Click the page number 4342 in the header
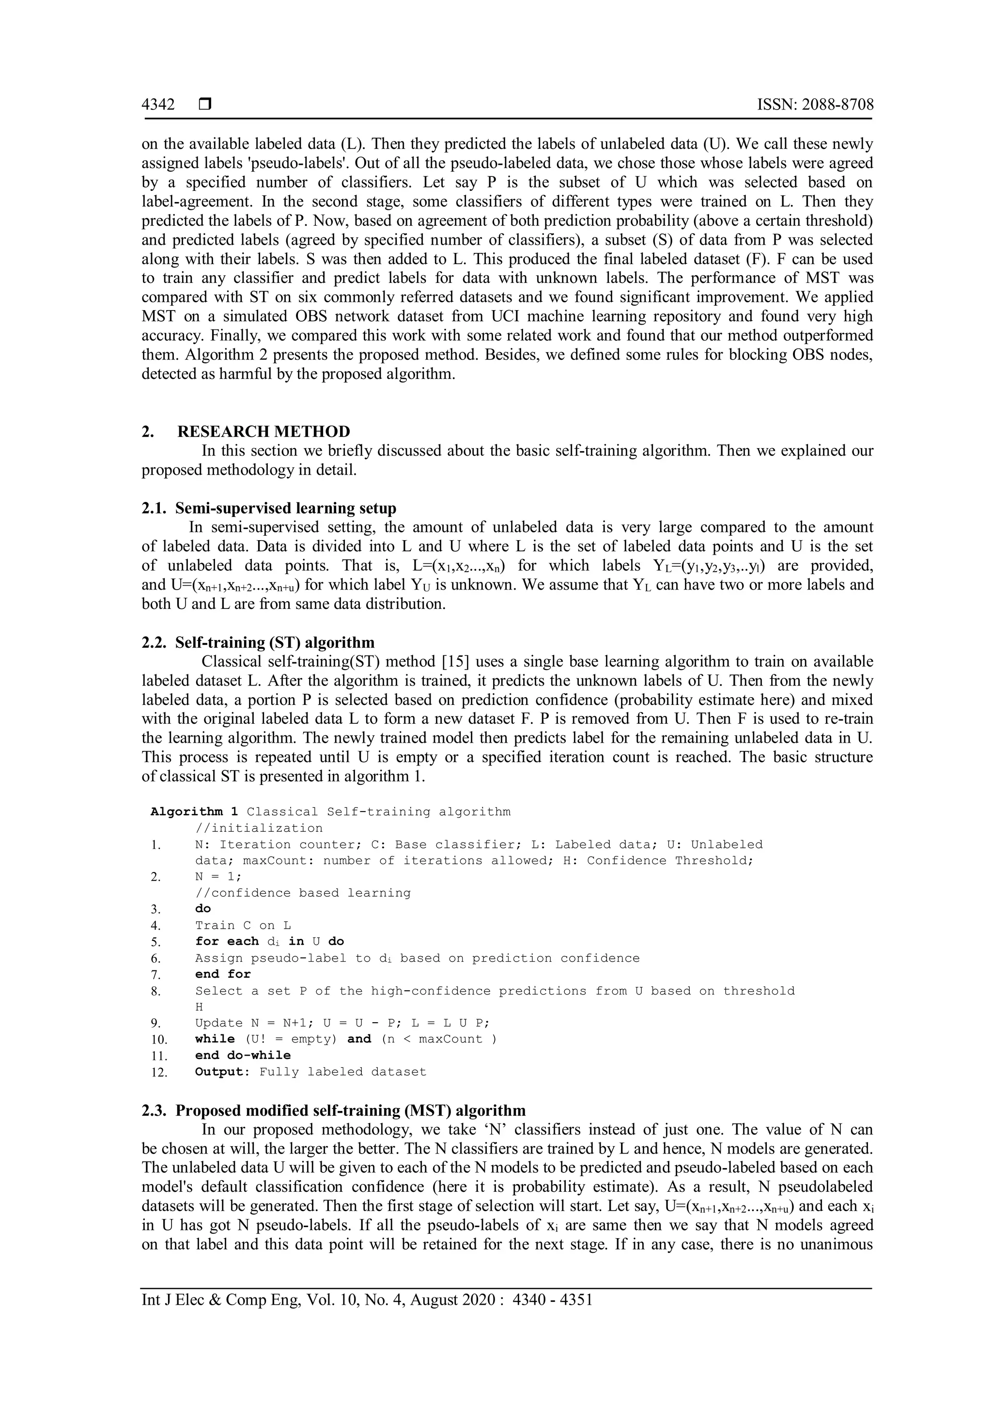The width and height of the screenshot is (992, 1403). pos(158,105)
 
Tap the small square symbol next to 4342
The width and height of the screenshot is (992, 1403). pos(204,105)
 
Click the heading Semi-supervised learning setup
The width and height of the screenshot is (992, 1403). pos(285,508)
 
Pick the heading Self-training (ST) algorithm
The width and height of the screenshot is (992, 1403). pos(274,642)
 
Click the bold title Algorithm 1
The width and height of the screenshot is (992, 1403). pos(194,811)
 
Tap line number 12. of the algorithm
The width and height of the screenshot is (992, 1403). pos(159,1073)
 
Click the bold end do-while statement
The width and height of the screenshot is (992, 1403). pos(243,1055)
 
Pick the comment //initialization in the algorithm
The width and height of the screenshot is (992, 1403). pos(258,828)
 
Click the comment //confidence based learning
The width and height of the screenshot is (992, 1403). pos(302,893)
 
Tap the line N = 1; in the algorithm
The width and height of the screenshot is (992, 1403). pos(218,876)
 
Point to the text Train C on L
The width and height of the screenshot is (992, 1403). pos(243,925)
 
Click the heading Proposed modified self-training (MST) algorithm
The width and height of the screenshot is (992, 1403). pos(350,1110)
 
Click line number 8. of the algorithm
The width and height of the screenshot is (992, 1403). pos(156,991)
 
